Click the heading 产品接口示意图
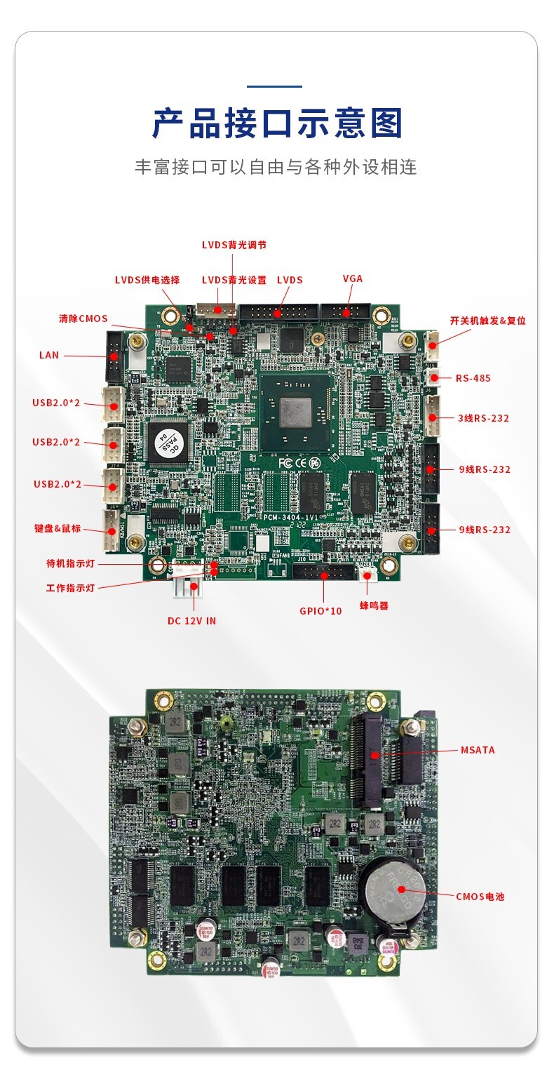coord(277,123)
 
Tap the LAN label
coord(49,355)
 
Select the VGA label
coord(353,279)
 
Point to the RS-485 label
coord(473,378)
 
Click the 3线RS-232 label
coord(483,418)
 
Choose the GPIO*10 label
coord(320,611)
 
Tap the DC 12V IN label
coord(191,621)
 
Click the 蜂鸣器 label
coord(374,605)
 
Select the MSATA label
coord(478,750)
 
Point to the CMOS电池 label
coord(480,897)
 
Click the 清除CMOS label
coord(83,319)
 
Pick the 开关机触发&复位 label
coord(487,321)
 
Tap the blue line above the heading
coord(275,86)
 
